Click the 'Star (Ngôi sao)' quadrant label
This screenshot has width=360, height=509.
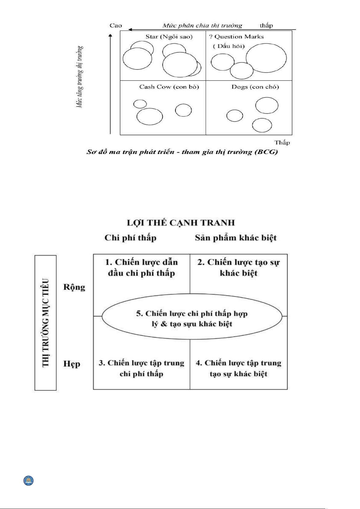point(169,37)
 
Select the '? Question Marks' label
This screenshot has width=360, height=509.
point(236,37)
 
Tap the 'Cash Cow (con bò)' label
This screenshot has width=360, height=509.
point(169,87)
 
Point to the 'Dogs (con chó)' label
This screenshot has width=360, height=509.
point(255,87)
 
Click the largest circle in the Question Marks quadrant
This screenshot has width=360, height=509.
point(266,58)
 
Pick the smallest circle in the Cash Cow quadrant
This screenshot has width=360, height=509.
point(140,104)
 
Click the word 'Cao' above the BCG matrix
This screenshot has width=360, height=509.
point(116,26)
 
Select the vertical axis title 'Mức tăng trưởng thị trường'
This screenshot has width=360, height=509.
point(79,77)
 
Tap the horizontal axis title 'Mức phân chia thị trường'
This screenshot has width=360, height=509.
point(202,26)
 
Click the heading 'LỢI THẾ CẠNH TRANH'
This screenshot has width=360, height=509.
point(181,223)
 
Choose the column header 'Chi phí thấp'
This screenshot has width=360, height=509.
point(130,238)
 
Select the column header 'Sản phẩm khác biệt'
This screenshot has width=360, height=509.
point(236,238)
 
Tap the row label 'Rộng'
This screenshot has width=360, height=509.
point(74,287)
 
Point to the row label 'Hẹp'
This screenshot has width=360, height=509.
point(72,364)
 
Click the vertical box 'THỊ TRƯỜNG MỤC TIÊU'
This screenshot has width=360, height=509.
point(46,323)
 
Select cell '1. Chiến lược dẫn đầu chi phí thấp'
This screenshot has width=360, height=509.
point(141,268)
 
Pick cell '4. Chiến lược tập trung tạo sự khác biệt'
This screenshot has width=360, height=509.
point(239,369)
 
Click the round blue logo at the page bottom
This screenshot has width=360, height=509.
point(29,481)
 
